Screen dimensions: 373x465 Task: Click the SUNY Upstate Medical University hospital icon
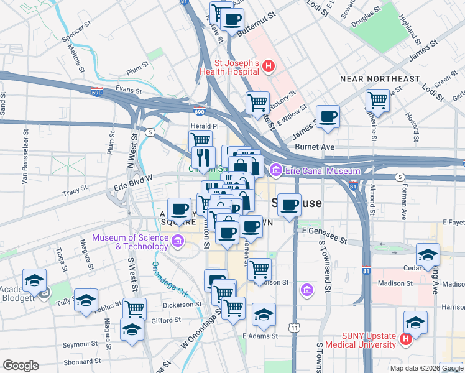405,339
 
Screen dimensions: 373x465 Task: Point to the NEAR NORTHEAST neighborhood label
380,79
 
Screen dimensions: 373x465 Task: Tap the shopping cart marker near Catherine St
377,100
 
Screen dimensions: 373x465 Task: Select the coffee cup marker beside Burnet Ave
328,116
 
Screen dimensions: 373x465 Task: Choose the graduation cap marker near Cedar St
428,255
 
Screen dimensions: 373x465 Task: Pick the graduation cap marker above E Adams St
264,314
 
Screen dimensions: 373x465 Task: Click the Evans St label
129,90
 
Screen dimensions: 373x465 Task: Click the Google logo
21,366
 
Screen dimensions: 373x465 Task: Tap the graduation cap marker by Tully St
86,300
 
